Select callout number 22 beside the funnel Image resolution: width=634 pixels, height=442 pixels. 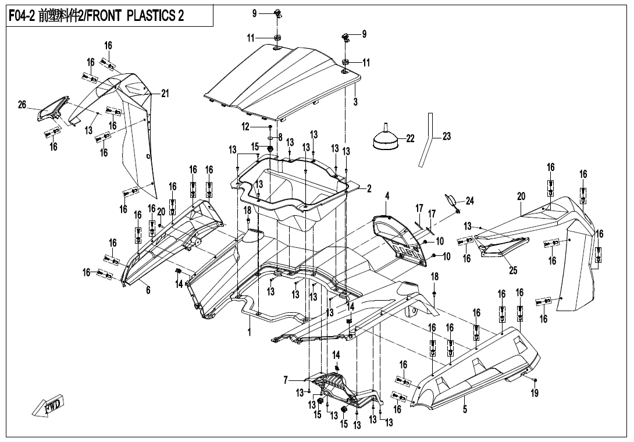click(410, 138)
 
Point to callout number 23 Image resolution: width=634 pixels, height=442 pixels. click(447, 137)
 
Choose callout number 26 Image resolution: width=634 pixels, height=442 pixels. click(22, 105)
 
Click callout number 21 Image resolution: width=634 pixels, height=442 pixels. click(165, 94)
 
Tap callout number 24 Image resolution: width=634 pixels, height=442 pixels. click(469, 201)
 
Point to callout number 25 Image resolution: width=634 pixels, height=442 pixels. click(513, 270)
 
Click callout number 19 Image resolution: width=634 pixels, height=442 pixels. click(535, 393)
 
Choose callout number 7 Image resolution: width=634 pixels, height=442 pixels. click(286, 380)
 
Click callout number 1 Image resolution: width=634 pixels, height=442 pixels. click(249, 333)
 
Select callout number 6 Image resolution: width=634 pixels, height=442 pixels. click(148, 290)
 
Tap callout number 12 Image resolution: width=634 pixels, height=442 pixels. click(245, 126)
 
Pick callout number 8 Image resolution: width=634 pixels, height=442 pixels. click(280, 137)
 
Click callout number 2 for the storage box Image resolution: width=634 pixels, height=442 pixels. click(368, 188)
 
